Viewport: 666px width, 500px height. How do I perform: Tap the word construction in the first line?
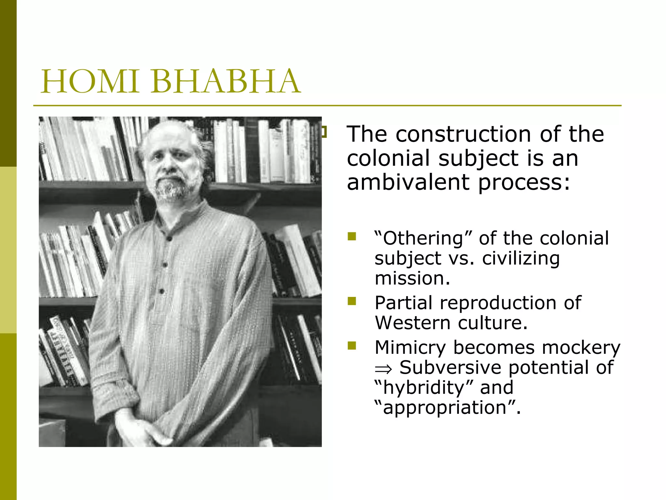click(463, 134)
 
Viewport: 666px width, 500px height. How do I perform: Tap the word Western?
click(412, 323)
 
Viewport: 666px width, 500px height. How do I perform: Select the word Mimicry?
click(410, 348)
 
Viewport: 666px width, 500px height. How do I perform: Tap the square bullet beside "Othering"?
click(352, 236)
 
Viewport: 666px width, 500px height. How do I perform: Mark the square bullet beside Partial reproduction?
click(352, 301)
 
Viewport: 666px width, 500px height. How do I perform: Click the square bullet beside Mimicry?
click(352, 345)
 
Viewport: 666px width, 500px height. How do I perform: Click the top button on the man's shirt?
click(169, 239)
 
